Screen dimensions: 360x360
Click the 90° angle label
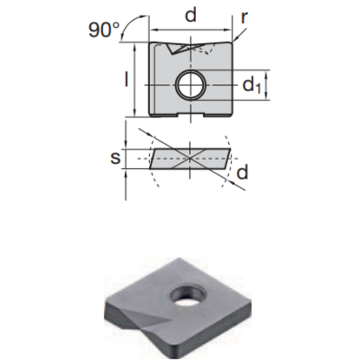click(x=104, y=29)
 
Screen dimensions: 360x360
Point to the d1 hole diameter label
click(x=252, y=85)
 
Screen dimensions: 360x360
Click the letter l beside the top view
click(x=127, y=79)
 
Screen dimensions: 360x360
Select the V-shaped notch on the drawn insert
click(x=186, y=49)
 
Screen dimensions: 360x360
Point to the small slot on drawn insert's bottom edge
click(x=190, y=113)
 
